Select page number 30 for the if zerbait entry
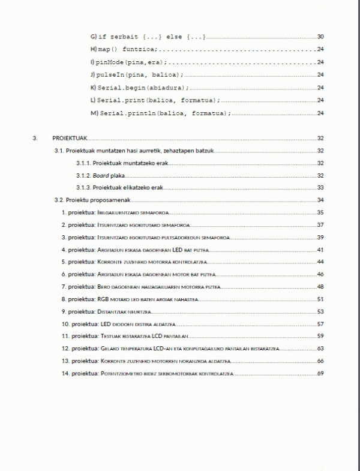[320, 37]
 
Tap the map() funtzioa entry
[124, 50]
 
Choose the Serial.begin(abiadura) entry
[136, 88]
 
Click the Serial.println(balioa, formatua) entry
[160, 113]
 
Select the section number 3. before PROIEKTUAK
[35, 138]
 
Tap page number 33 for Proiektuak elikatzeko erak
[320, 187]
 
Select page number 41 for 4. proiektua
[320, 250]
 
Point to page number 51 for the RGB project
[320, 299]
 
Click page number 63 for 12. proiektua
[320, 349]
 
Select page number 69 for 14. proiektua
[320, 374]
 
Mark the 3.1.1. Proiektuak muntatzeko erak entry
[119, 163]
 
